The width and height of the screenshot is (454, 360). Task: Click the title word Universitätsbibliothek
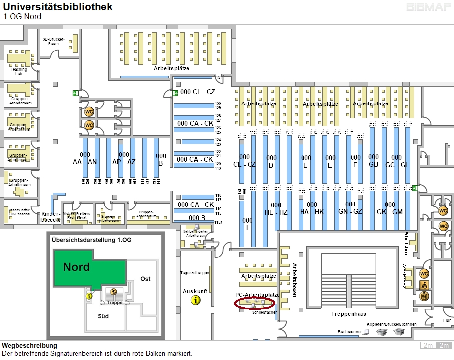(58, 7)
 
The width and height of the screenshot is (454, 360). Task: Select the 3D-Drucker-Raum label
(53, 41)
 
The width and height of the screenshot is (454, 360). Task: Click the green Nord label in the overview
(76, 267)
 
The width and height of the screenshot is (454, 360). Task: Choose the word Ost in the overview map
(145, 279)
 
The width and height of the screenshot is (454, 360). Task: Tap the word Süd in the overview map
(103, 315)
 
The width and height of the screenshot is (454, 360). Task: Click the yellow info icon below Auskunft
(196, 300)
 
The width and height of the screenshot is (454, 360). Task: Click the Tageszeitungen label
(195, 273)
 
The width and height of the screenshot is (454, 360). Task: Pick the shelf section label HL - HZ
(276, 208)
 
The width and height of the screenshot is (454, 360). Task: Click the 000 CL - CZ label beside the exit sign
(198, 92)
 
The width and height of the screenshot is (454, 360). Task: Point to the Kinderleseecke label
(50, 216)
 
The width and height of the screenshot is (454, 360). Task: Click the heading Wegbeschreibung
(29, 345)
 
